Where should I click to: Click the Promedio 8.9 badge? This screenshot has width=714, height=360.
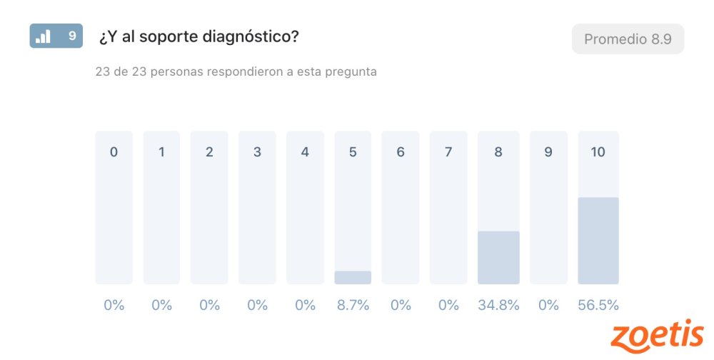628,39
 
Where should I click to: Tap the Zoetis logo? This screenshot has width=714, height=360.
658,336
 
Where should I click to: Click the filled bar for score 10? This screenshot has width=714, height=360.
598,241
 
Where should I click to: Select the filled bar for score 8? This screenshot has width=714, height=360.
498,257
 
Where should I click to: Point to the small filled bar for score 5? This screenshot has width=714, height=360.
353,277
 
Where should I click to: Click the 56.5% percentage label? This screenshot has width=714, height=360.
598,305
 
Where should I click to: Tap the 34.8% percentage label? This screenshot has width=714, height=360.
498,305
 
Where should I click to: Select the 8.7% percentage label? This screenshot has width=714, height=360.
353,305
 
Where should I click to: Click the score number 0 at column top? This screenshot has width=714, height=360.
114,152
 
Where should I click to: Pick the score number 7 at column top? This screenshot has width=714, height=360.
448,152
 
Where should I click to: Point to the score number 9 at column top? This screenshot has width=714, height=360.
548,152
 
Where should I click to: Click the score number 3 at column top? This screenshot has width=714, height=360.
257,152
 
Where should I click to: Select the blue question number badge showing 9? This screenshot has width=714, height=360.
56,36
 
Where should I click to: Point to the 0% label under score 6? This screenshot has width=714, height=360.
401,305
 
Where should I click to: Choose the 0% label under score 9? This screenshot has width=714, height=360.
548,305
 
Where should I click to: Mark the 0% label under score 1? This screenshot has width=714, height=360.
161,305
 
